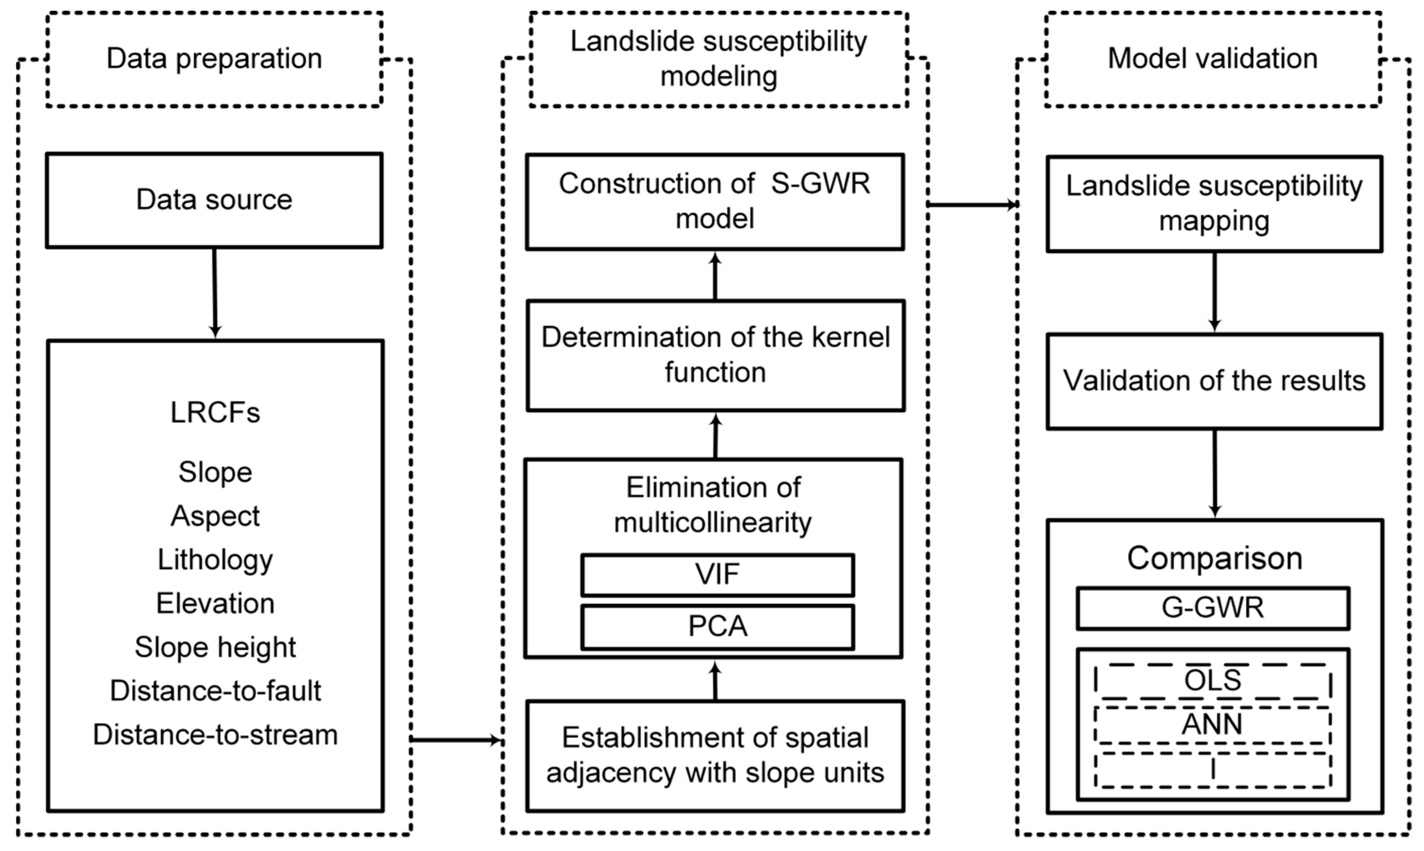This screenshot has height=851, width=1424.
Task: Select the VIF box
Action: pos(718,575)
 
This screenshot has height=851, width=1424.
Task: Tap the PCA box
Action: pos(718,627)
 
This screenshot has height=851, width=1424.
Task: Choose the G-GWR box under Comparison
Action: pos(1213,608)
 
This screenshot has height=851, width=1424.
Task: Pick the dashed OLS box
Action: pos(1213,681)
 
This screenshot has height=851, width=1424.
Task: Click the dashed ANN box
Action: pos(1213,725)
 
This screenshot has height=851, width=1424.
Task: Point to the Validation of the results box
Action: pos(1214,381)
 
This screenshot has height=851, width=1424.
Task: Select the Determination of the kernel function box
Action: pos(716,356)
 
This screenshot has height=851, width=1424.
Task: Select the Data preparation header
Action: pos(214,59)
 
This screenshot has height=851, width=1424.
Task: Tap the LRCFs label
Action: pos(215,412)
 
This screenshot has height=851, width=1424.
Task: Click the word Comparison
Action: pos(1214,558)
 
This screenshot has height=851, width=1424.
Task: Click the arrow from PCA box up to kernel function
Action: pos(715,436)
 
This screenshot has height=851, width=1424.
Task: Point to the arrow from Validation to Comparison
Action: pos(1214,474)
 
